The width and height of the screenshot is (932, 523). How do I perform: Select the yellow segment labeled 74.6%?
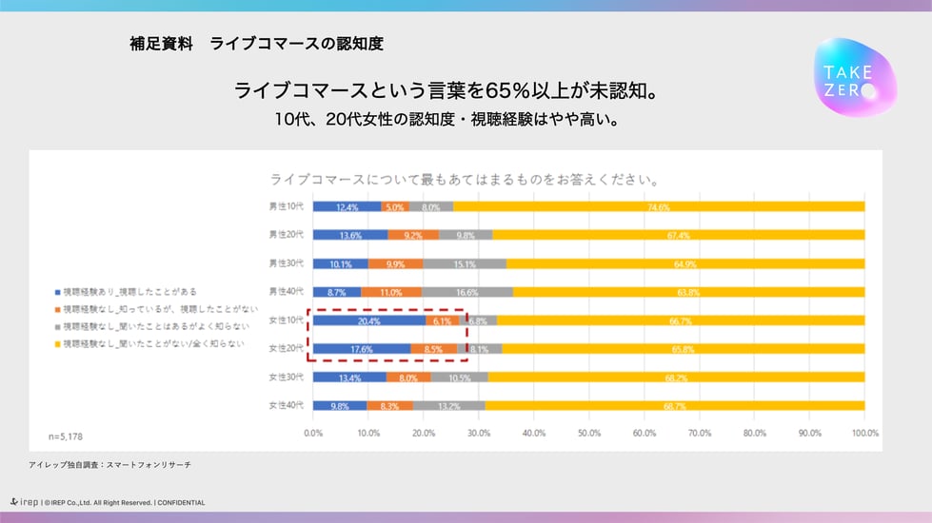coord(659,206)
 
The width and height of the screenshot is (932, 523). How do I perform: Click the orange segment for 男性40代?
coord(391,292)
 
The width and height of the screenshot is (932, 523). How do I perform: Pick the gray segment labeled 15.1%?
coord(465,263)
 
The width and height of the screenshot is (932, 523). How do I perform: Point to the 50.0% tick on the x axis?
coord(588,433)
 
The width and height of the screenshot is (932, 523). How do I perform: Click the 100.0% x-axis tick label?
coord(863,433)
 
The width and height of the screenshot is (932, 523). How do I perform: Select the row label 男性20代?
coord(286,235)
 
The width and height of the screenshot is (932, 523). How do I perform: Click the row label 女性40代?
coord(286,406)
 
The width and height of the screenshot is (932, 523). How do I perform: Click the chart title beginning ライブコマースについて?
coord(466,179)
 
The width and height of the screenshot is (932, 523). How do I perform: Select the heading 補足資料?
coord(161,44)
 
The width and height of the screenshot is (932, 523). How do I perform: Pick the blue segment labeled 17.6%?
coord(361,349)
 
